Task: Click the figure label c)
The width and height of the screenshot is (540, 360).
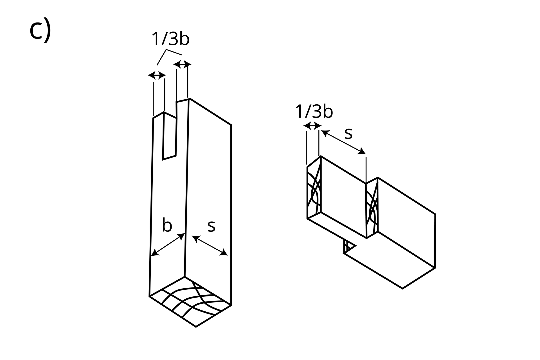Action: [40, 30]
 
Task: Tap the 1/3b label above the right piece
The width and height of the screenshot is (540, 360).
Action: [314, 112]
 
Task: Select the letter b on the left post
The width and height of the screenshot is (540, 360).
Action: [167, 226]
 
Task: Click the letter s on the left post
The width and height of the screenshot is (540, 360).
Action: [211, 226]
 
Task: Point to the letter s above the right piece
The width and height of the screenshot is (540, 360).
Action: [348, 133]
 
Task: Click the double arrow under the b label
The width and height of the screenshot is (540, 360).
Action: [168, 245]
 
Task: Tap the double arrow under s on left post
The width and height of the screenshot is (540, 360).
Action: [210, 246]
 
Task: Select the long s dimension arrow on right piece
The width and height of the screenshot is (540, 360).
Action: [343, 142]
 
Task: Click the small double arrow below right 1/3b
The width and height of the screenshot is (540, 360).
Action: [312, 125]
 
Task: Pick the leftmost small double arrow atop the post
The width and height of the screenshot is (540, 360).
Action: [157, 75]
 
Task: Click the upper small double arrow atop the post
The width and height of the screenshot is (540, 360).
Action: [182, 64]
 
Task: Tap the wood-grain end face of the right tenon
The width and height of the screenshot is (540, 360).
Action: [314, 191]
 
